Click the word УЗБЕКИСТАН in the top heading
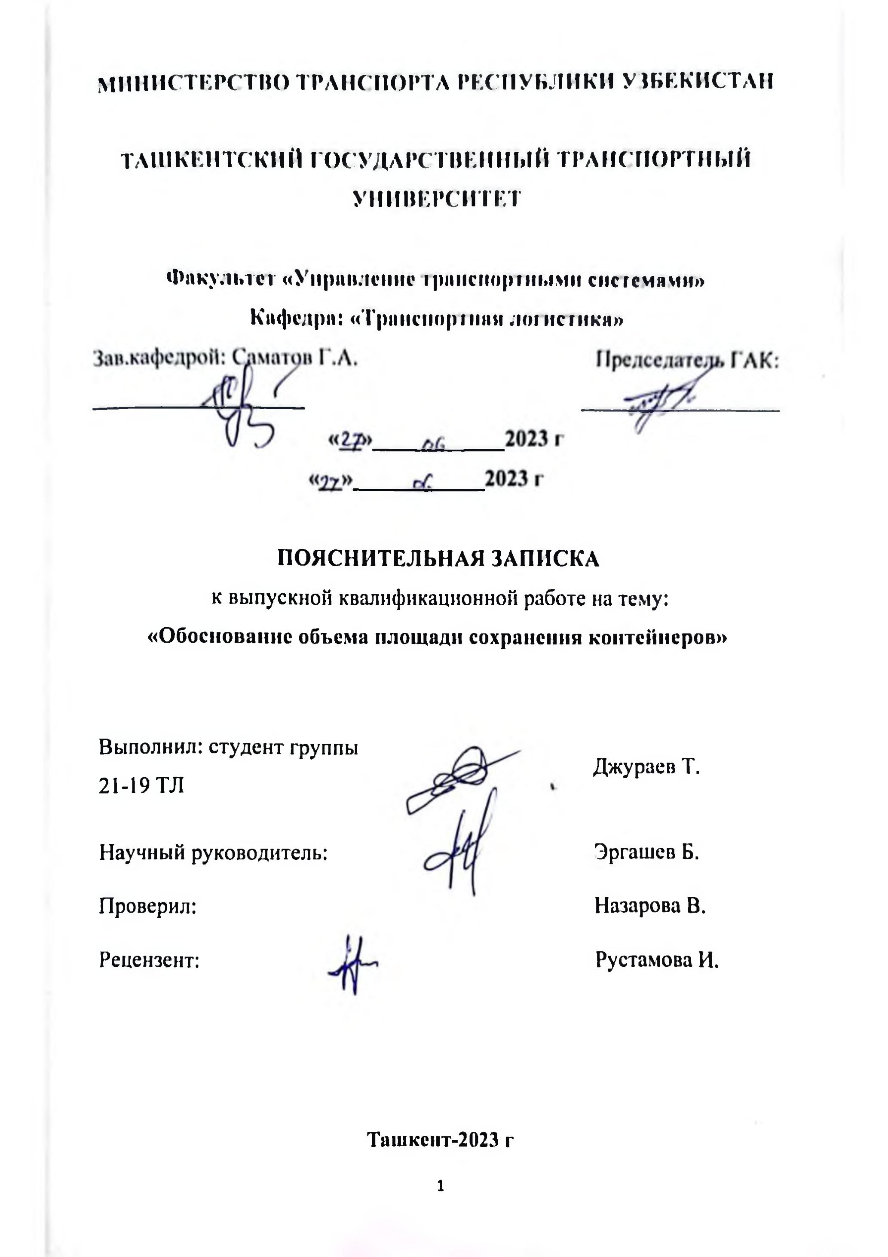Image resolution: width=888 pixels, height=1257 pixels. point(698,82)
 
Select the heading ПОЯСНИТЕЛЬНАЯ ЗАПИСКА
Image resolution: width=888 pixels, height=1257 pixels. point(438,559)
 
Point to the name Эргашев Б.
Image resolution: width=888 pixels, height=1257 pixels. point(646,852)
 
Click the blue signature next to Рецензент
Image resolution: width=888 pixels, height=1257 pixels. point(352,964)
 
